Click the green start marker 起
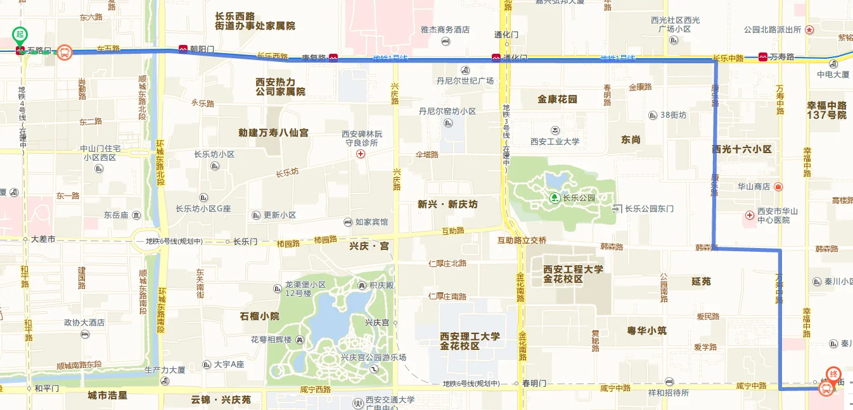[x=20, y=34]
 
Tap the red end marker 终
[x=835, y=373]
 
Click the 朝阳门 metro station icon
[x=183, y=48]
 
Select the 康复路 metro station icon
[x=333, y=58]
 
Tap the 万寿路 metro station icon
[x=763, y=57]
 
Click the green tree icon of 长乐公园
[x=555, y=198]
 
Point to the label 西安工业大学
[x=555, y=141]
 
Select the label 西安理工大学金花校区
[x=470, y=341]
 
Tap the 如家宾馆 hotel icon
[x=347, y=222]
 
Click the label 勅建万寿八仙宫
[x=273, y=133]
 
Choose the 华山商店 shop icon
[x=778, y=187]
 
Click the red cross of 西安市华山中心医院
[x=750, y=216]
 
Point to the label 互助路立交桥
[x=522, y=240]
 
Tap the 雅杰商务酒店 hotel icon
[x=445, y=41]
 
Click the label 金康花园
[x=557, y=99]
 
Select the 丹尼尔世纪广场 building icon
[x=466, y=70]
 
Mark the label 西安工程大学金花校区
[x=573, y=274]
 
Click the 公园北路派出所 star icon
[x=810, y=30]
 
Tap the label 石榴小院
[x=259, y=316]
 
